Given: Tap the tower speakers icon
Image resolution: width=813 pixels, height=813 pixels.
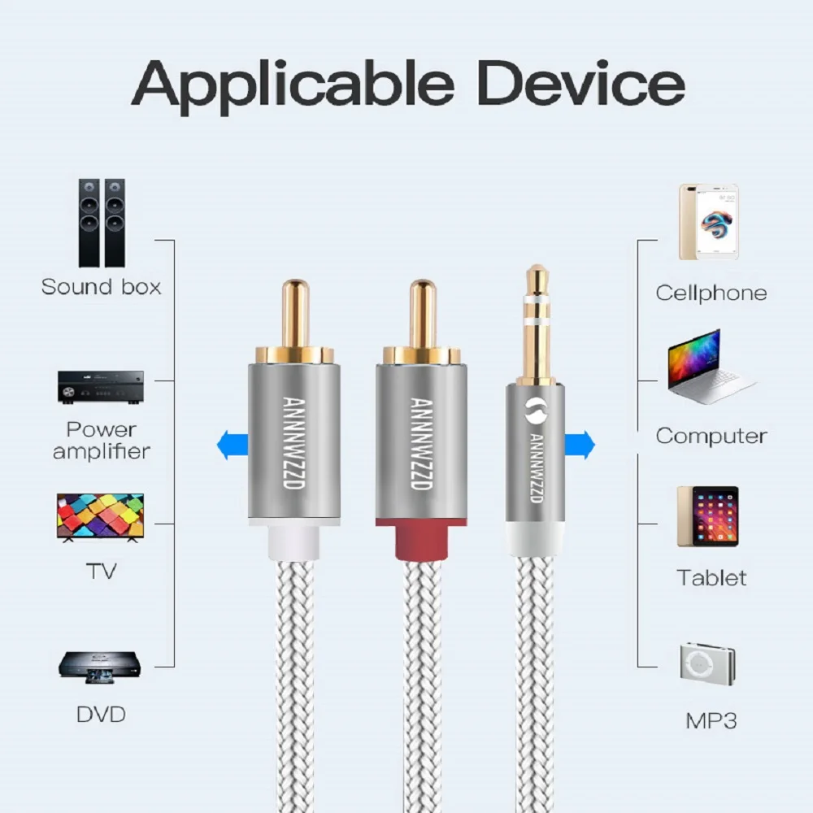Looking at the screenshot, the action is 101,223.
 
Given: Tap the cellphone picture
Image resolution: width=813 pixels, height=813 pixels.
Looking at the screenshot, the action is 709,222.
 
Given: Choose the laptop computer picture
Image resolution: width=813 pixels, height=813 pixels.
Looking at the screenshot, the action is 710,367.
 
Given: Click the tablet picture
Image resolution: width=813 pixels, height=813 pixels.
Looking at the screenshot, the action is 710,517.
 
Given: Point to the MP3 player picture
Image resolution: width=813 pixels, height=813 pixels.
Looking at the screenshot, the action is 708,663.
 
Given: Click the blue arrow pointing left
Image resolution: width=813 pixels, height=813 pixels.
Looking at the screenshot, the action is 233,445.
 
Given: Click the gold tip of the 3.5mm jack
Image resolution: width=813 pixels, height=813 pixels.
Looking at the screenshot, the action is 536,280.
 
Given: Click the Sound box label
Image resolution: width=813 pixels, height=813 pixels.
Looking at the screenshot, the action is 101,287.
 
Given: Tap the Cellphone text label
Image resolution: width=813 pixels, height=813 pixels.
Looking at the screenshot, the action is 711,293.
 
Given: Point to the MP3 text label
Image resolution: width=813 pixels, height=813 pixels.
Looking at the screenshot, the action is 711,720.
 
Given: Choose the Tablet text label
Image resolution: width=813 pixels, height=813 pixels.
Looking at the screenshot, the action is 711,578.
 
